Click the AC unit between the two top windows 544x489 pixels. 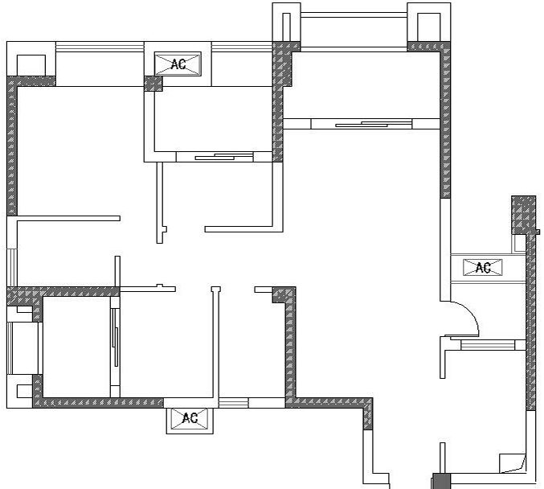click(178, 64)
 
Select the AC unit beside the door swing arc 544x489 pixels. click(483, 267)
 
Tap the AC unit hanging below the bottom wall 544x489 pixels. click(190, 417)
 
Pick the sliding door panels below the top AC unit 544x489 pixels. click(224, 156)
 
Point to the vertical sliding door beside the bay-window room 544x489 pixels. click(115, 337)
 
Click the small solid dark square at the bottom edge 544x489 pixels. click(441, 481)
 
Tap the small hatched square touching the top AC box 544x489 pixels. click(153, 84)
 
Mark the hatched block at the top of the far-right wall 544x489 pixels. click(524, 215)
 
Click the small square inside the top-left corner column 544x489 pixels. click(31, 65)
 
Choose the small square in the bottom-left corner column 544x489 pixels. click(25, 392)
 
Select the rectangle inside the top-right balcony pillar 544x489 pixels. click(429, 27)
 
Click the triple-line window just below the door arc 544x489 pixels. click(488, 345)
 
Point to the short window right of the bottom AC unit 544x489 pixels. click(234, 403)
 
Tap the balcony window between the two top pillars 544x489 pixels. click(354, 14)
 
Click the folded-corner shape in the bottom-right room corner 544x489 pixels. click(512, 463)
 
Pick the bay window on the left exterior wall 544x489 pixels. click(22, 348)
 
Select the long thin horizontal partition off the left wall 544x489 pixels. click(68, 219)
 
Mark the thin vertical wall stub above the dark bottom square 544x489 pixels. click(442, 458)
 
